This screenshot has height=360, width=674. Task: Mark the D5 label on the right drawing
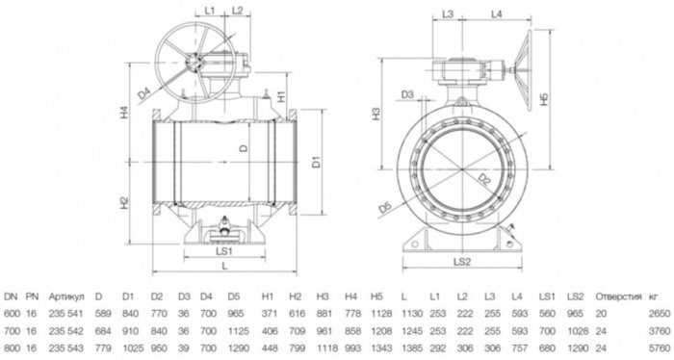pyautogui.click(x=386, y=206)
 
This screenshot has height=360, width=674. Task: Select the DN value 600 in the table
pyautogui.click(x=12, y=313)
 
